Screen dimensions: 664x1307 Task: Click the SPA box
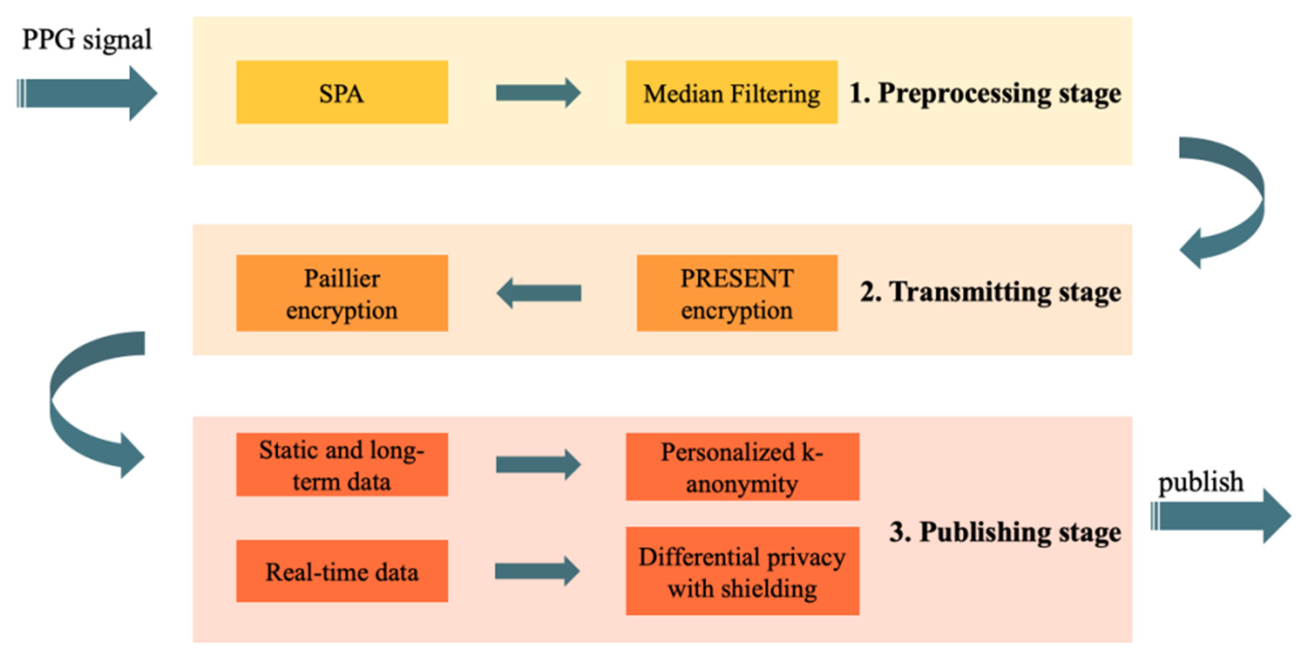pos(342,92)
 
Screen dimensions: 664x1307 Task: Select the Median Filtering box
pos(731,92)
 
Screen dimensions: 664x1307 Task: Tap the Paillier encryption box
pos(342,293)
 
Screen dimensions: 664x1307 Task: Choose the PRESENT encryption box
pos(737,293)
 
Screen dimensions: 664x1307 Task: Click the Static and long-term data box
pos(342,465)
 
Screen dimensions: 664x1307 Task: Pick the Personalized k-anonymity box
pos(742,467)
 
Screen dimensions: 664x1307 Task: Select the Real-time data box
pos(342,571)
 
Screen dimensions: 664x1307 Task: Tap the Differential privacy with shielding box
pos(742,571)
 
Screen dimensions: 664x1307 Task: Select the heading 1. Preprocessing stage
pos(984,94)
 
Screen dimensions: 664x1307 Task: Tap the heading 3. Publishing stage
pos(1005,532)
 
